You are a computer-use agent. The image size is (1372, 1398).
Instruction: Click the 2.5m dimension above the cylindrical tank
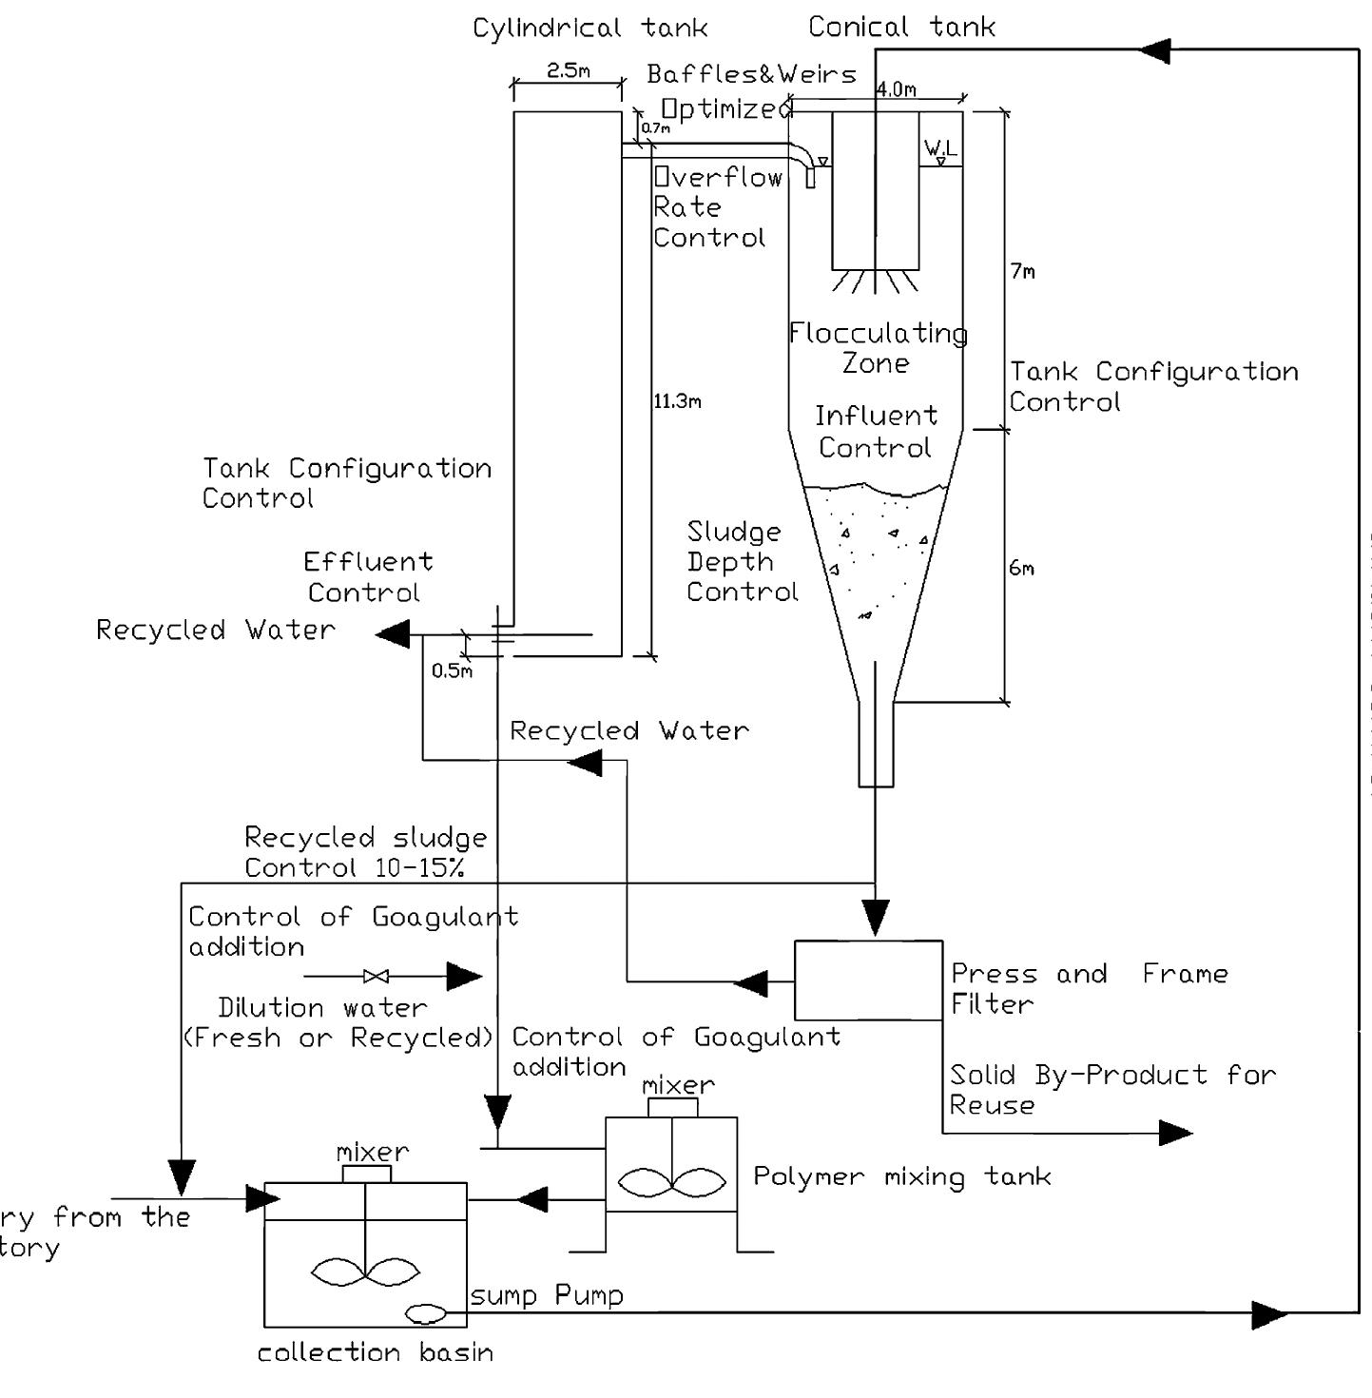point(568,71)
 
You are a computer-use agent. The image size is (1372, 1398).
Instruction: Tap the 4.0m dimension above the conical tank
point(896,89)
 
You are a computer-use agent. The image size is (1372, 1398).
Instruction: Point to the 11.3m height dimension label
point(677,401)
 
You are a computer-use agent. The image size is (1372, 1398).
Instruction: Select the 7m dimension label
point(1022,272)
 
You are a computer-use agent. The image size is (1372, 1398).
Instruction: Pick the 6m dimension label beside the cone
point(1021,569)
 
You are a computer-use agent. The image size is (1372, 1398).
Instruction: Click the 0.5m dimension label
point(451,671)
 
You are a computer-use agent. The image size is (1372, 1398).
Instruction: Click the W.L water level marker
point(940,150)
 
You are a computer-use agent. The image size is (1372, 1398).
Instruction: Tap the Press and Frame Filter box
point(868,981)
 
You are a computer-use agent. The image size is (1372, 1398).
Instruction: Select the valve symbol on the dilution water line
point(377,976)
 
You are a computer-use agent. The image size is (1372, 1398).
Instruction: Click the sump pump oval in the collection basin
point(426,1313)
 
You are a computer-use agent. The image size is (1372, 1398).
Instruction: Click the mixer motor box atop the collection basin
point(367,1174)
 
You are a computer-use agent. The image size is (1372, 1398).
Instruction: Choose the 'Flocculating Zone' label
point(878,348)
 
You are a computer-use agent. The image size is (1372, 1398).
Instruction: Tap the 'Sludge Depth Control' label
point(742,562)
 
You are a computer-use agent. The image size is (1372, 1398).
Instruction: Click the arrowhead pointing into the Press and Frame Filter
point(875,917)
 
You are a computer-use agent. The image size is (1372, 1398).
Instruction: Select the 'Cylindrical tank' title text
point(589,28)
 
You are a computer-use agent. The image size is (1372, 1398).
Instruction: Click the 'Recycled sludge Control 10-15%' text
point(365,852)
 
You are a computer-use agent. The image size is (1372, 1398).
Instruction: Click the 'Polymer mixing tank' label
point(901,1177)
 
